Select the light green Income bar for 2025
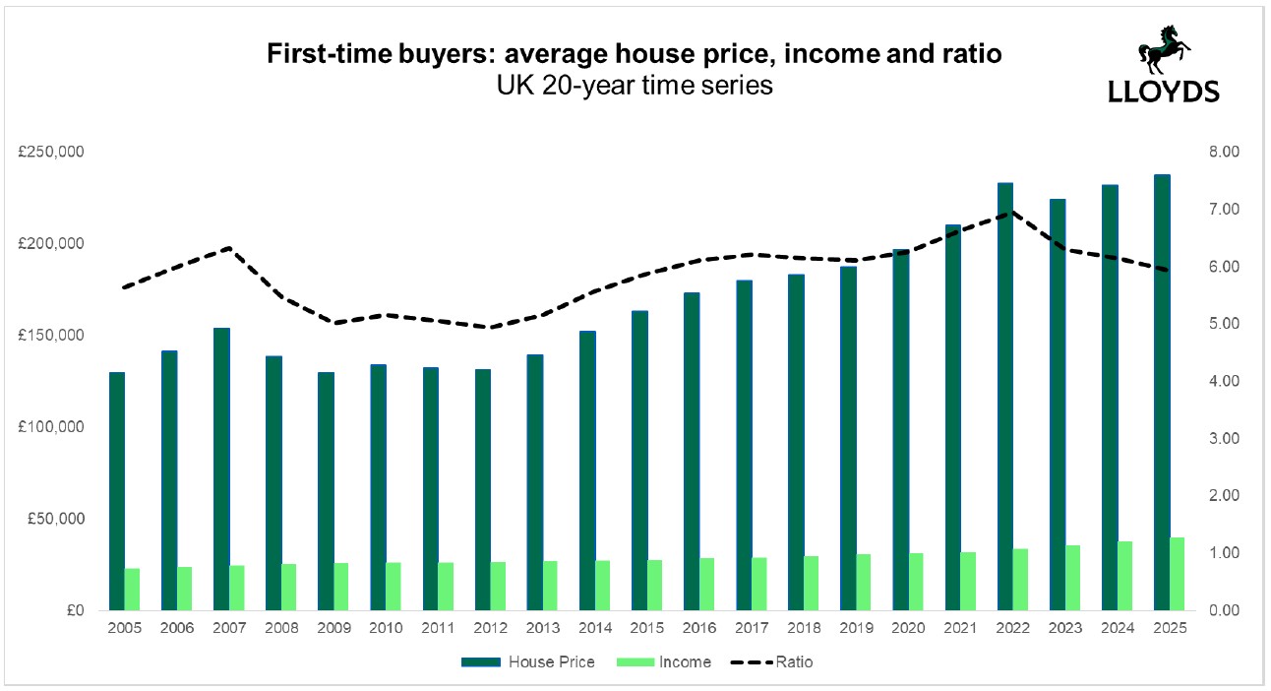point(1177,574)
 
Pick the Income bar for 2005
point(132,589)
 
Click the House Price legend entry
point(537,662)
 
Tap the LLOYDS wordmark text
point(1164,91)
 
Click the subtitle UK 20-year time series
point(635,87)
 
